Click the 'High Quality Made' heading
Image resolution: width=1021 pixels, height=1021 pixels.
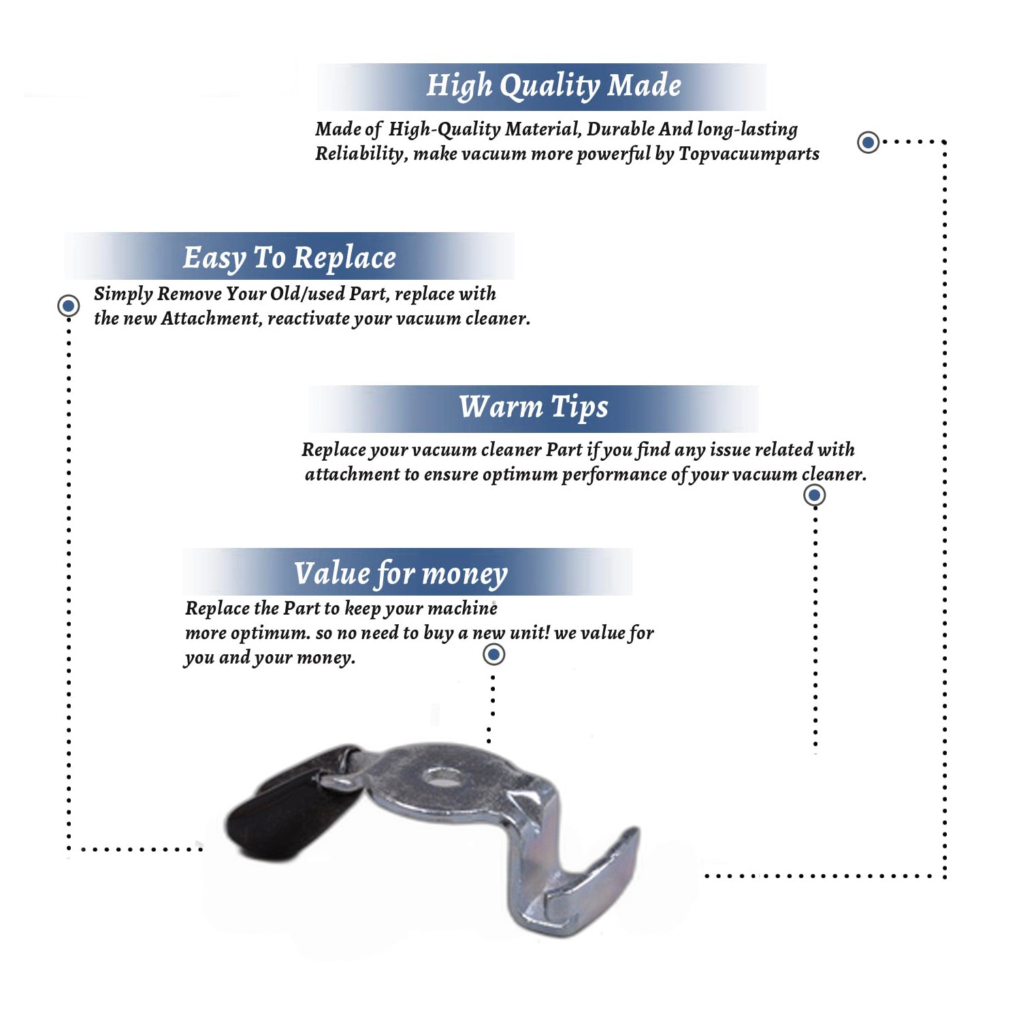click(553, 86)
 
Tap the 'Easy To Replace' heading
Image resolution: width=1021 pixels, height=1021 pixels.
click(289, 258)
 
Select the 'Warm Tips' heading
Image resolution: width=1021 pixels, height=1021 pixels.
click(533, 407)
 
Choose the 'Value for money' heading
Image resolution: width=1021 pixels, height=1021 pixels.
click(400, 573)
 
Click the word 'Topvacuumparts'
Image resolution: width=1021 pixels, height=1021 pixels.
click(749, 154)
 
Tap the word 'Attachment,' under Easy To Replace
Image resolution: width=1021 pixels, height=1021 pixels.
click(211, 319)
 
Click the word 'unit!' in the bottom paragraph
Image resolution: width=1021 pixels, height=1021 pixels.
click(530, 633)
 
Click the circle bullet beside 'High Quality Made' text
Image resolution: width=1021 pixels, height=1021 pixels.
click(868, 142)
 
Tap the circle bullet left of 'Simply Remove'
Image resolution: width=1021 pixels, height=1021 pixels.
click(68, 306)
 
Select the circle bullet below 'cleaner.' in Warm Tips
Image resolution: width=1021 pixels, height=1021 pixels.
click(814, 495)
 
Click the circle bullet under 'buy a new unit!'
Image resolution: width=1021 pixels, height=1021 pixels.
click(493, 655)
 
